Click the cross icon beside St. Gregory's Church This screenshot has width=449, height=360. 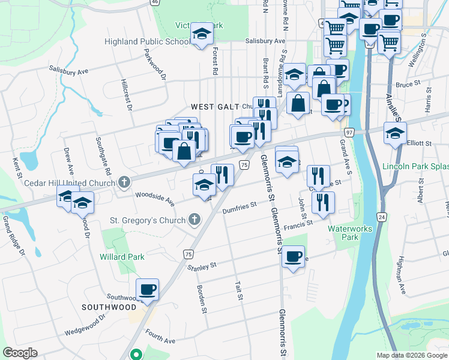tap(194, 220)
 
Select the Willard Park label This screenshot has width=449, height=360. tap(122, 257)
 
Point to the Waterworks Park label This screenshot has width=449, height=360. tap(350, 233)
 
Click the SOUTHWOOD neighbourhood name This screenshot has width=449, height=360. tap(109, 307)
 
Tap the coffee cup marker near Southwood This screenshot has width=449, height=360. tap(147, 290)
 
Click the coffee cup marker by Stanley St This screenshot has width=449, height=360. tap(293, 257)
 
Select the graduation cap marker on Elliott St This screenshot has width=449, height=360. tap(395, 133)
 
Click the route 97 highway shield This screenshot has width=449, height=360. tap(349, 132)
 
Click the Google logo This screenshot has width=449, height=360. tap(20, 353)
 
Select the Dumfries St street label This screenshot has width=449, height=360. tap(239, 207)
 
